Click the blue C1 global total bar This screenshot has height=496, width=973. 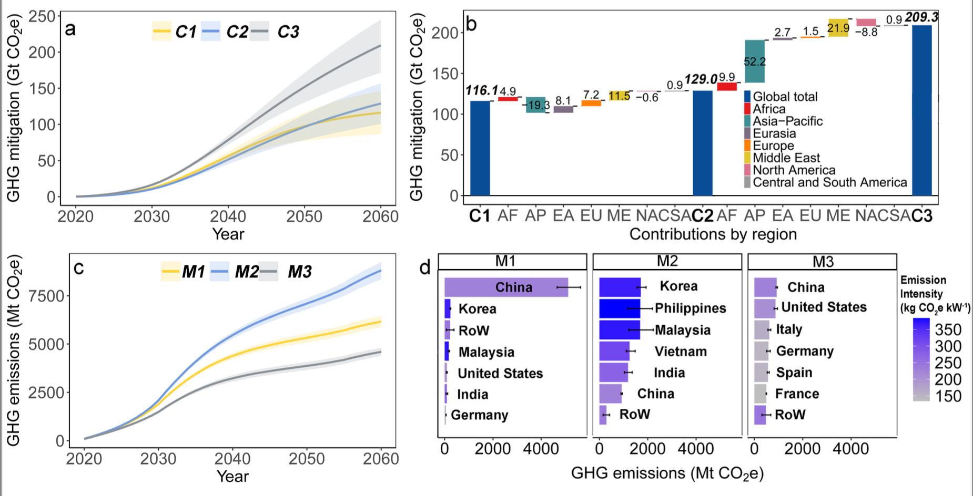(x=480, y=148)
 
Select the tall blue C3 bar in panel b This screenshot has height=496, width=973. (x=921, y=110)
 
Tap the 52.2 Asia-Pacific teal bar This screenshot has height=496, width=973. (x=754, y=61)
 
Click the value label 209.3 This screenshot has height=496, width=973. (x=921, y=17)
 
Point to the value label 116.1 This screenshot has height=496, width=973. (x=481, y=90)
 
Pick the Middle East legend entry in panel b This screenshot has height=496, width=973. (x=786, y=158)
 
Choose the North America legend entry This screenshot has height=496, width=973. (x=793, y=170)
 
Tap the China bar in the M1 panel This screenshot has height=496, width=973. (x=506, y=287)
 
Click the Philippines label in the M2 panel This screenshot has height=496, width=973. (x=690, y=308)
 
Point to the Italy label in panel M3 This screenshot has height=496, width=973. (x=789, y=329)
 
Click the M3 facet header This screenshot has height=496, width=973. (x=822, y=262)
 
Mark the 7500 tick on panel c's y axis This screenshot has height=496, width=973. (x=46, y=296)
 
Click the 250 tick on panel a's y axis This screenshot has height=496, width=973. (x=42, y=16)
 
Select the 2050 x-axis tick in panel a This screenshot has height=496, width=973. (x=304, y=216)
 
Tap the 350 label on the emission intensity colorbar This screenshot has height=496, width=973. (x=948, y=329)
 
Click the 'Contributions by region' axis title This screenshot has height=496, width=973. (x=713, y=234)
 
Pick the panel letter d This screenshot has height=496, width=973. (x=425, y=267)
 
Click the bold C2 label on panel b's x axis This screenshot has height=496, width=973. (x=702, y=216)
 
